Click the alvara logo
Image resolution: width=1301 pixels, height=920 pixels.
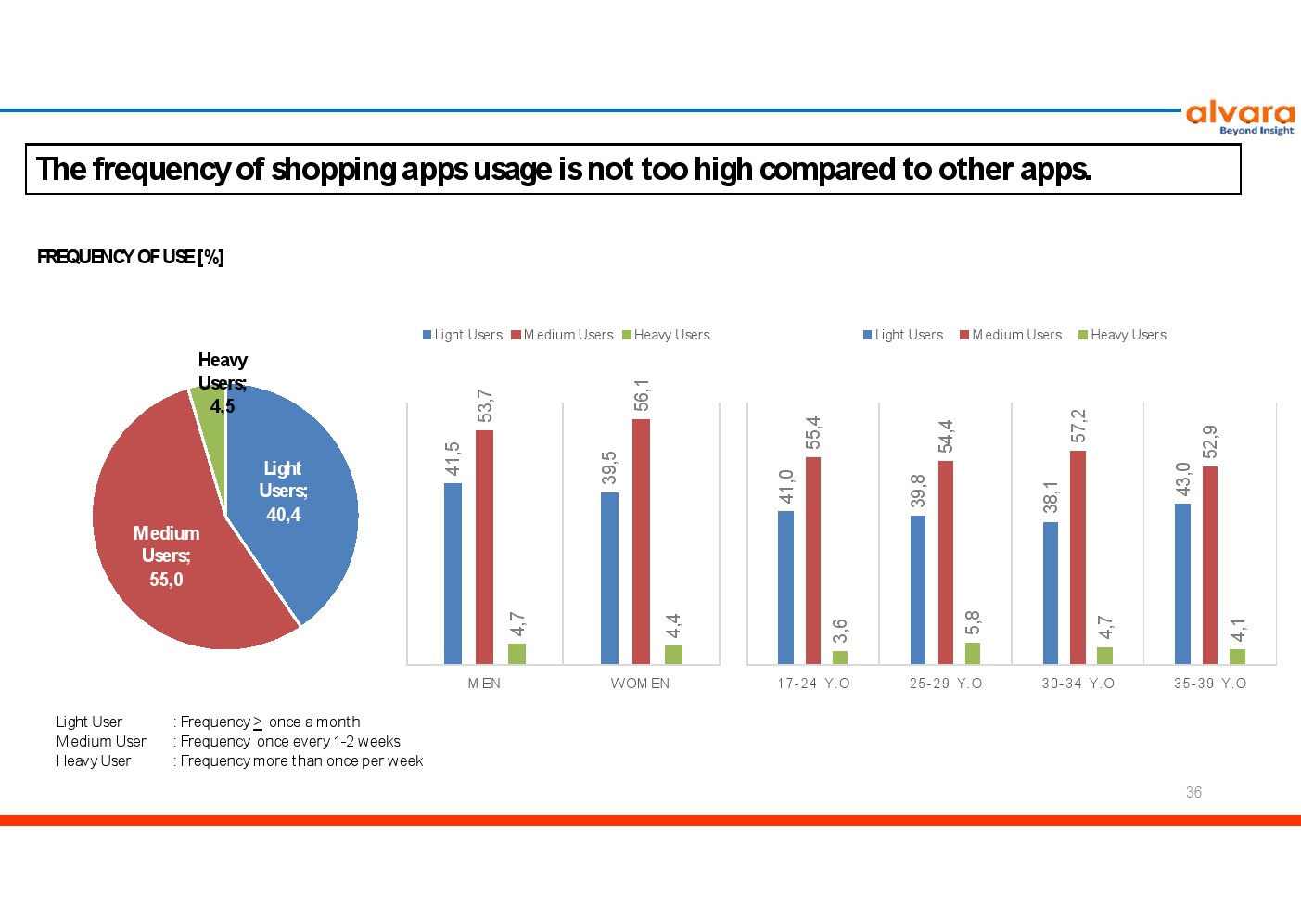click(1240, 119)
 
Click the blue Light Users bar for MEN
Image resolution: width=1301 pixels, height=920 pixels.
click(453, 573)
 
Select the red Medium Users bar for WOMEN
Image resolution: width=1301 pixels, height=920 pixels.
click(641, 542)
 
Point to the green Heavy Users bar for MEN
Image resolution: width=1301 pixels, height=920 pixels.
click(517, 654)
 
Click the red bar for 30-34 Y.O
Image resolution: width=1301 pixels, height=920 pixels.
click(1078, 557)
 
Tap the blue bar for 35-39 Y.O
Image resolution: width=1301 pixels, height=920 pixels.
click(1182, 583)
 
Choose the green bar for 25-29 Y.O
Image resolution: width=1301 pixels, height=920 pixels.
click(972, 654)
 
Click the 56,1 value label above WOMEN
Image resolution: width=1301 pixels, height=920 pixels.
click(641, 395)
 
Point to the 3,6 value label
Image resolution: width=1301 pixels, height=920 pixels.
click(840, 631)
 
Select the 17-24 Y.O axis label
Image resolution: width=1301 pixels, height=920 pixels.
click(813, 683)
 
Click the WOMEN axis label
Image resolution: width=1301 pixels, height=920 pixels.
click(640, 683)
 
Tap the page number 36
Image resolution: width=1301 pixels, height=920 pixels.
click(1193, 792)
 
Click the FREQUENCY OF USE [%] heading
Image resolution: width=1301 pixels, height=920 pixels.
click(131, 257)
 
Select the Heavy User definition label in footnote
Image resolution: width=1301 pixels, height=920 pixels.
click(94, 760)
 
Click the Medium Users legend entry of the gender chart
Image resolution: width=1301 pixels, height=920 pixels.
click(562, 335)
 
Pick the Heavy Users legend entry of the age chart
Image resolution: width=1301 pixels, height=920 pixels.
click(1122, 335)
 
